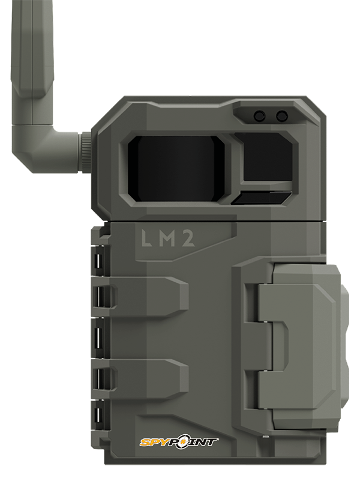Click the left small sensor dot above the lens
tap(260, 115)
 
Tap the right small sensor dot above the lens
tap(281, 115)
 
